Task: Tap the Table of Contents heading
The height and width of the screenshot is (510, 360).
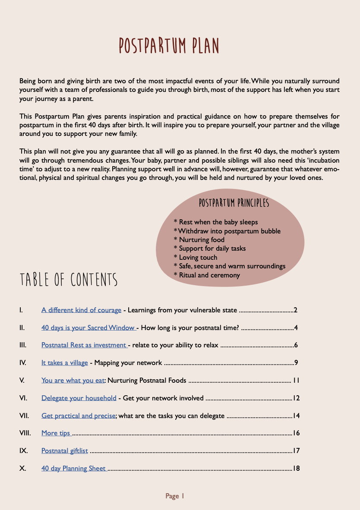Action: click(x=69, y=280)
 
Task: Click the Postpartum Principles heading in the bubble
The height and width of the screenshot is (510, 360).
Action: click(x=234, y=203)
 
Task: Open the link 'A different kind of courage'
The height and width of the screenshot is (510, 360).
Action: click(x=81, y=310)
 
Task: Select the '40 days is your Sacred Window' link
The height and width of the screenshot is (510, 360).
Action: click(x=88, y=327)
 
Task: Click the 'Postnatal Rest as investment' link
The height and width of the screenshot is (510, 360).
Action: click(x=84, y=345)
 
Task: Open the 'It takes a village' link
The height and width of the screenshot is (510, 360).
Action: click(x=65, y=363)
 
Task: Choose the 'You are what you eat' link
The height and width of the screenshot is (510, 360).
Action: click(x=73, y=381)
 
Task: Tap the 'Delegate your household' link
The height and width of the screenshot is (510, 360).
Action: click(x=79, y=398)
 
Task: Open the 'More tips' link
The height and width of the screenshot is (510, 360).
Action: click(x=56, y=433)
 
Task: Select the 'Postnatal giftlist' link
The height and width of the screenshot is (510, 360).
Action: click(x=64, y=451)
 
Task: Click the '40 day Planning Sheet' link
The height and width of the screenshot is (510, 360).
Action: click(x=73, y=469)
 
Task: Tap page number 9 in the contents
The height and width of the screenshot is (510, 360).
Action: click(x=296, y=363)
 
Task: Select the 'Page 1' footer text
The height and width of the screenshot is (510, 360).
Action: click(x=175, y=496)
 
